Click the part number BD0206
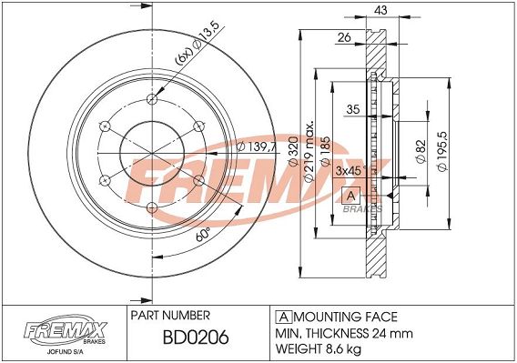coord(196,338)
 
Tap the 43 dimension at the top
coord(380,10)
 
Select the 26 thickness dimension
coord(344,37)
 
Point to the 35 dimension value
coord(353,109)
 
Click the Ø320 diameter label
coord(293,151)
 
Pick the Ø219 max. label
coord(308,152)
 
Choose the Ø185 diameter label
coord(325,151)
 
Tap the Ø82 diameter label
coord(421,151)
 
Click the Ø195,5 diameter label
coord(441,151)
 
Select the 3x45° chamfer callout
coord(350,171)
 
